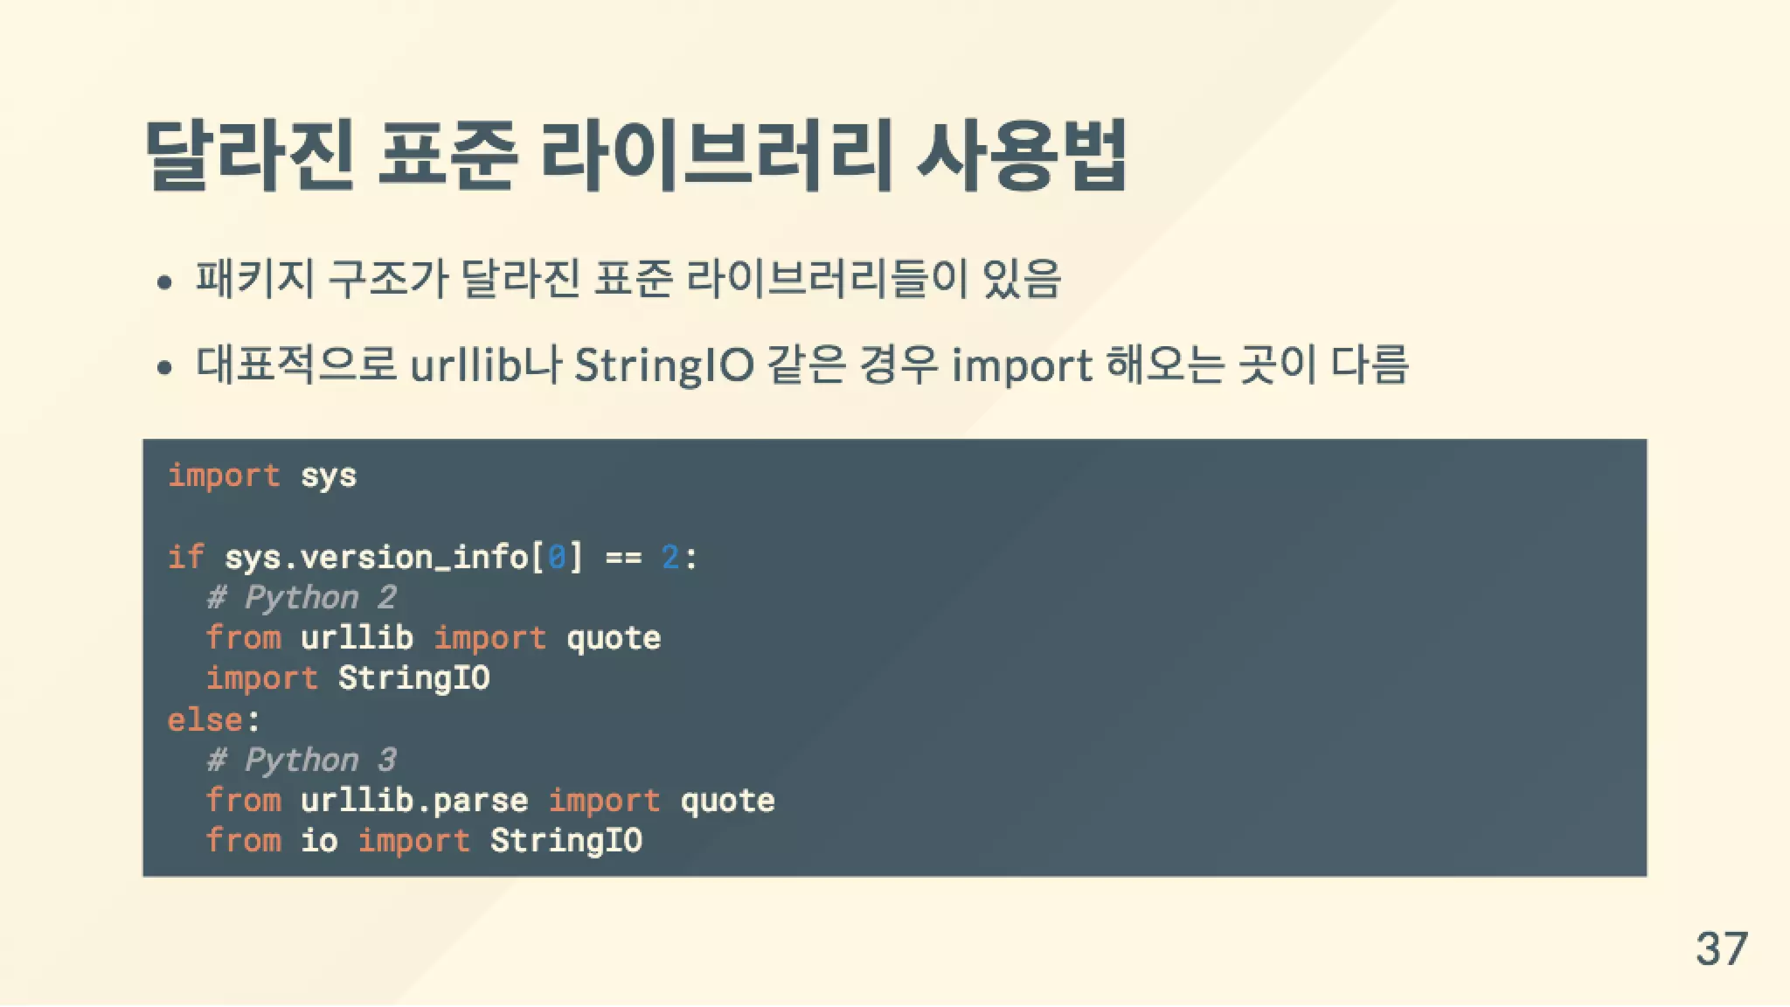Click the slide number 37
pos(1721,948)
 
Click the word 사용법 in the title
pos(1021,155)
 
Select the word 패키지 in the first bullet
pos(254,280)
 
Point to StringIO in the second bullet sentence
pos(663,365)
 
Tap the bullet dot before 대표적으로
pos(164,368)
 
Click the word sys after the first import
pos(329,476)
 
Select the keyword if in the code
pos(185,557)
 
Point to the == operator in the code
pos(623,557)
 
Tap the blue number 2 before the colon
pos(670,557)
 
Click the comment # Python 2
pos(302,598)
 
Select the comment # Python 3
pos(302,760)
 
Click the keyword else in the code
pos(205,719)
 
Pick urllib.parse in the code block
pos(414,800)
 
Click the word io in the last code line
pos(319,840)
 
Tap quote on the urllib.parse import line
pos(727,800)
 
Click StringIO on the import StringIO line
pos(414,678)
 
